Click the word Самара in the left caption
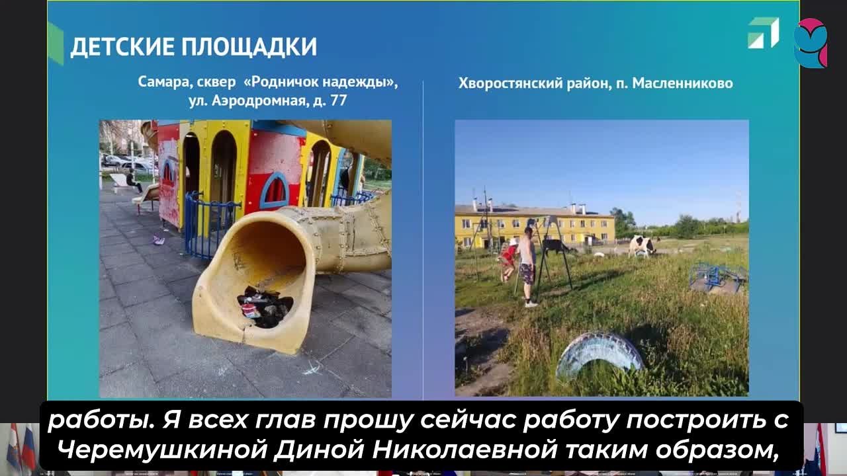click(x=160, y=83)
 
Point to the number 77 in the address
click(x=339, y=101)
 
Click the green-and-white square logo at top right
click(x=764, y=33)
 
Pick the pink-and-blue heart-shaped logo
click(x=811, y=43)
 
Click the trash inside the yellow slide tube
click(x=265, y=307)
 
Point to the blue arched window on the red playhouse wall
click(x=275, y=191)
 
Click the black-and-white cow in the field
click(x=643, y=247)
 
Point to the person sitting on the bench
click(x=133, y=181)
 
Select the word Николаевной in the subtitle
click(x=464, y=450)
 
